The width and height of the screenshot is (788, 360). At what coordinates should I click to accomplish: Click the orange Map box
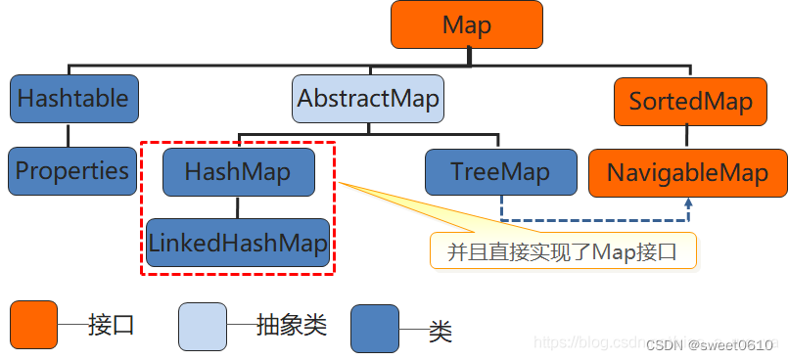(x=466, y=25)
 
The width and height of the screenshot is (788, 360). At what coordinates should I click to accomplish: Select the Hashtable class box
(x=73, y=99)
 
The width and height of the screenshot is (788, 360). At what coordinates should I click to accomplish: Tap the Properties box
(x=72, y=170)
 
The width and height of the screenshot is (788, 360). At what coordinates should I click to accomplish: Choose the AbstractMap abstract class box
(x=368, y=99)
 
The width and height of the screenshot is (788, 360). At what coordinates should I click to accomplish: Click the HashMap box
(x=238, y=172)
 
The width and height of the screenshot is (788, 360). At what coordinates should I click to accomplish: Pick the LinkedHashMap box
(x=238, y=243)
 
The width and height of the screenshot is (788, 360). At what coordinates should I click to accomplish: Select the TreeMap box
(x=500, y=172)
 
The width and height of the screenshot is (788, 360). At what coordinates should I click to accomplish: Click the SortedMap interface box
(x=690, y=102)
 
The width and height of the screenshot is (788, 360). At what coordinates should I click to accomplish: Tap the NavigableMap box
(x=686, y=173)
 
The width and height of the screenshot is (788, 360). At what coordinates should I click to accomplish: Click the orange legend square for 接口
(x=34, y=325)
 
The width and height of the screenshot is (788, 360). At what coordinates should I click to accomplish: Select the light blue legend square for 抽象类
(x=203, y=326)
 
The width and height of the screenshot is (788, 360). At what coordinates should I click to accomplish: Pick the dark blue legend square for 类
(x=374, y=328)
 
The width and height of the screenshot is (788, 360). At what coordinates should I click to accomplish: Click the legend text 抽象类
(x=291, y=325)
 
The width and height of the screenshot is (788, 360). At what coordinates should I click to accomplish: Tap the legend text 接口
(x=111, y=325)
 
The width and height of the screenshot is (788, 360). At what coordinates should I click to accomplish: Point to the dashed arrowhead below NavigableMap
(x=688, y=202)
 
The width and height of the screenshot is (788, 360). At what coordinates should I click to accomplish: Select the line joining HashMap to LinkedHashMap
(x=237, y=206)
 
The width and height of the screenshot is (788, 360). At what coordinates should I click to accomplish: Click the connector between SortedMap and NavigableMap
(x=689, y=137)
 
